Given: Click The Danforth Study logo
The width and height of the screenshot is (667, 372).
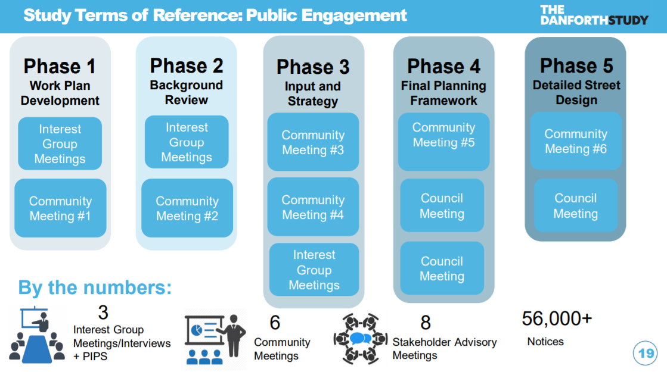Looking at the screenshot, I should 594,15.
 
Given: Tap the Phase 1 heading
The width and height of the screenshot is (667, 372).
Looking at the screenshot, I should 60,66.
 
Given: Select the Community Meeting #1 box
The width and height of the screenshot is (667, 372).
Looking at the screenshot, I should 60,208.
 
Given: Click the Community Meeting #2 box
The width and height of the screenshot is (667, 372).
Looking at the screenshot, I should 187,208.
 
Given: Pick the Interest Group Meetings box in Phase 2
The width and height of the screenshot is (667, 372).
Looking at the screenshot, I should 187,142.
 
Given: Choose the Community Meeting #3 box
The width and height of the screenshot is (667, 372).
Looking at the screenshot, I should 313,142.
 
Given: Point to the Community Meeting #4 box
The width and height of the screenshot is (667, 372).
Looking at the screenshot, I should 313,207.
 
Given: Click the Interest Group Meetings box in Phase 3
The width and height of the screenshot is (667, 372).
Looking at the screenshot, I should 314,270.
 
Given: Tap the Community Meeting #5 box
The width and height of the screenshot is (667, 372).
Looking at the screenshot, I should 443,142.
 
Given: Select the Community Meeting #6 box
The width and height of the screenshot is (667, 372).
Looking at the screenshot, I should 576,142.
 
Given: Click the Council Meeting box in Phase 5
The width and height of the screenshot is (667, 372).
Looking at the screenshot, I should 576,205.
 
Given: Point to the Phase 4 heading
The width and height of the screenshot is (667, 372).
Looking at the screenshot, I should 443,66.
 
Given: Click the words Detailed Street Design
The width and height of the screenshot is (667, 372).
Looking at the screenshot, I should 576,92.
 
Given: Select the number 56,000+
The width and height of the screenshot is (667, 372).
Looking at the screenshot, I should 557,318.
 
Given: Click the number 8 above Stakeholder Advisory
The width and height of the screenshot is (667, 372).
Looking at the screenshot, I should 426,323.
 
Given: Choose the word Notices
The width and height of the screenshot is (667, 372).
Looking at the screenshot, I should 545,341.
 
